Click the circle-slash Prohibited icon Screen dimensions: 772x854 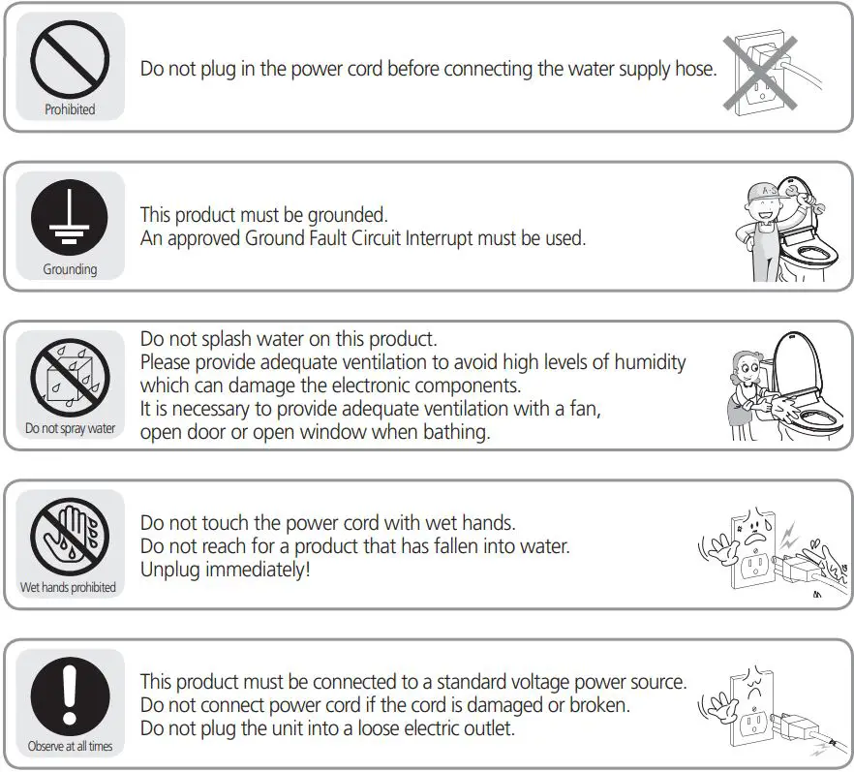click(x=70, y=58)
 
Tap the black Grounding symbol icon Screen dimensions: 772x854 click(x=70, y=218)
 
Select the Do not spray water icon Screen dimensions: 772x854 click(x=70, y=377)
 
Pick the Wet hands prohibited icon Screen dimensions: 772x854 click(x=70, y=536)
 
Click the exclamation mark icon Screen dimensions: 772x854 click(x=70, y=695)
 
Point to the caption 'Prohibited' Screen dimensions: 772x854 click(x=70, y=110)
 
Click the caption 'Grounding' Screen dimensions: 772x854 click(x=70, y=269)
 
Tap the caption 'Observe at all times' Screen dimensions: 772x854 click(x=70, y=747)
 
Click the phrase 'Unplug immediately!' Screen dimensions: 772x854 click(x=226, y=570)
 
